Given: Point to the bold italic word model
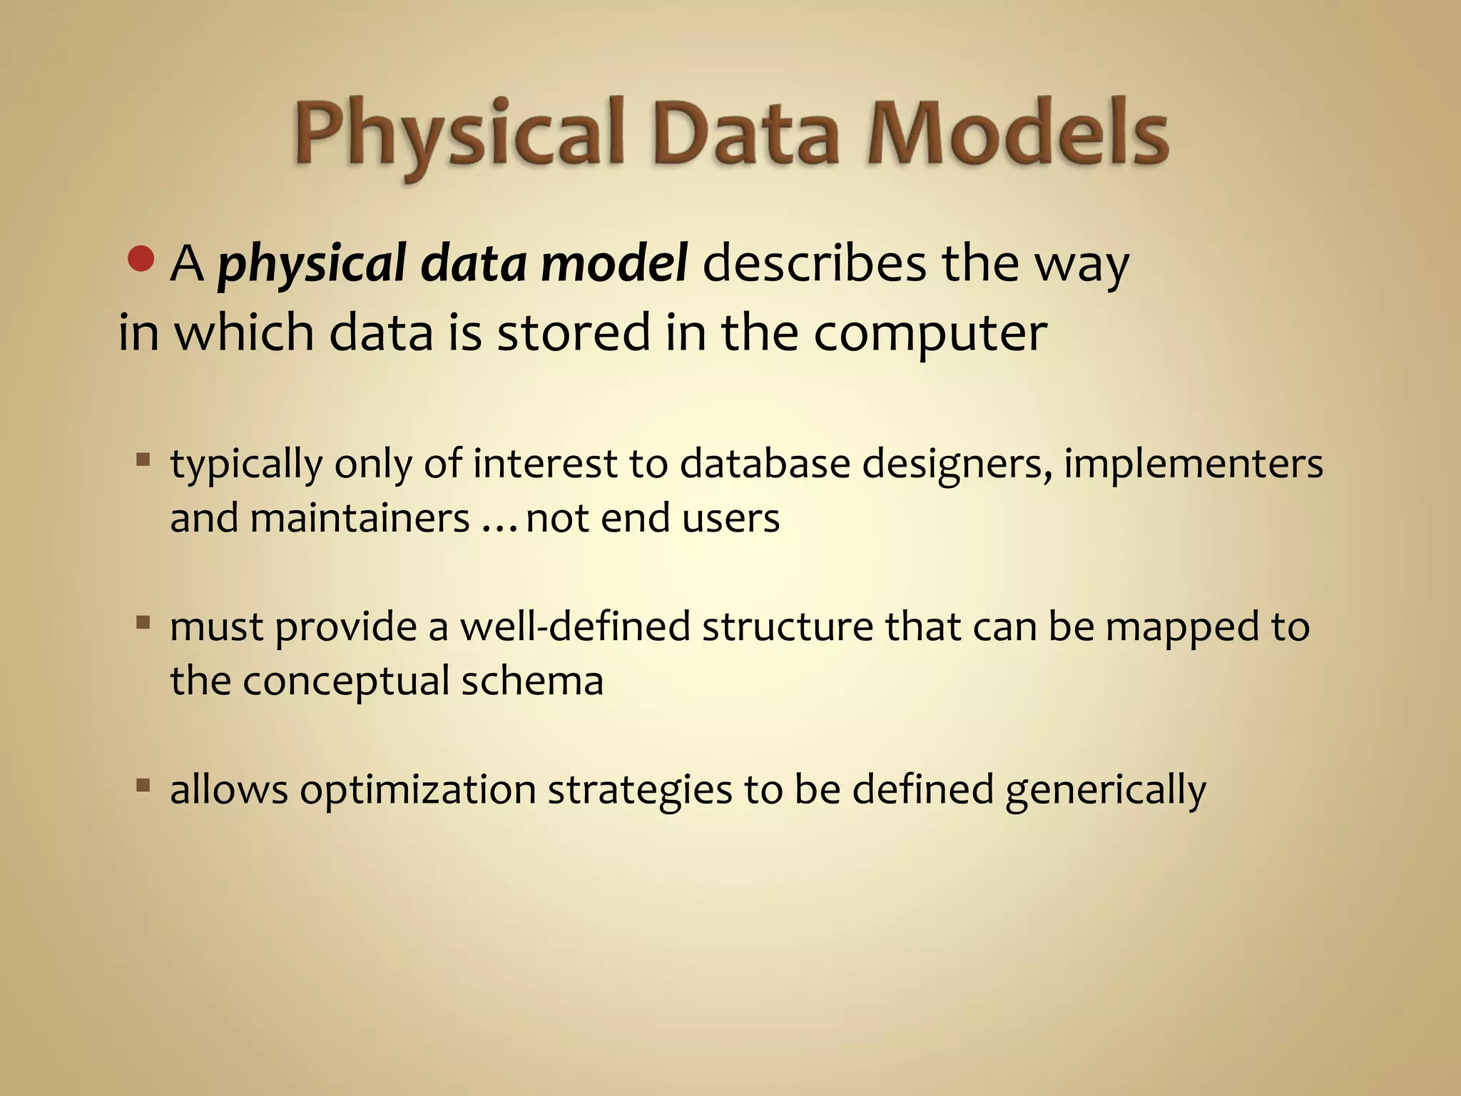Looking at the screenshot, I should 614,263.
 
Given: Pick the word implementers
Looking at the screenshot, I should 1193,464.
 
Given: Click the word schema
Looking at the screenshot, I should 532,681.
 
